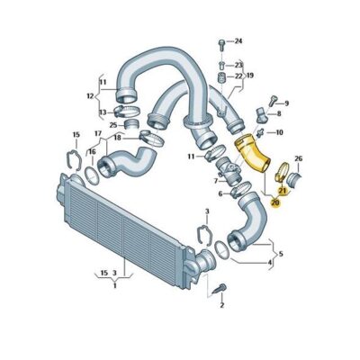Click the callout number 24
[238, 41]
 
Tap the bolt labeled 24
[221, 45]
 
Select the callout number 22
[238, 76]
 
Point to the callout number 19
[249, 75]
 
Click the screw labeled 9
[273, 101]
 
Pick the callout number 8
[279, 114]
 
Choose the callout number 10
[279, 132]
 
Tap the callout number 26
[298, 158]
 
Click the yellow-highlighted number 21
[283, 190]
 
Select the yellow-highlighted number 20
[275, 203]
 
